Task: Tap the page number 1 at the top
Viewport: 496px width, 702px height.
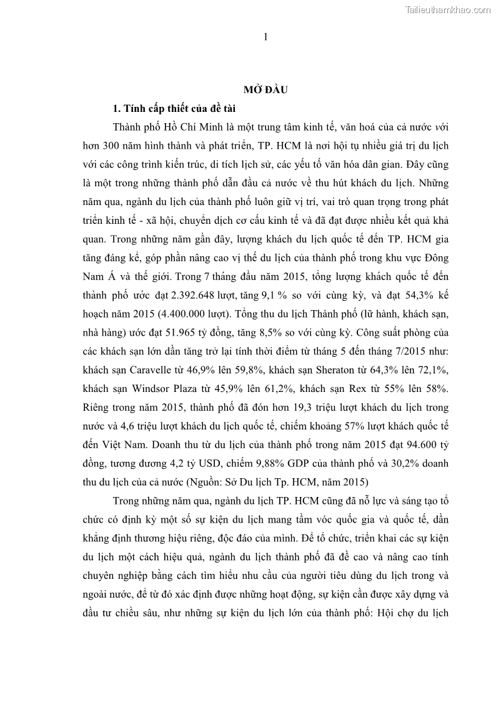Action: coord(265,38)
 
